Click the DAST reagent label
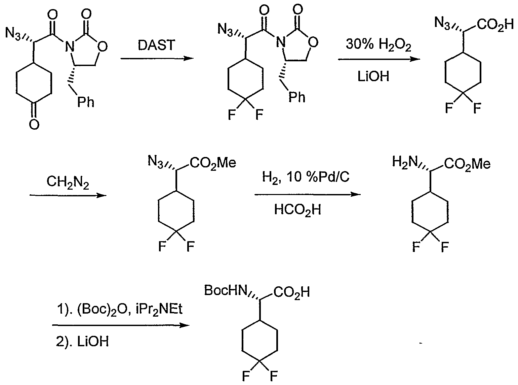click(x=156, y=45)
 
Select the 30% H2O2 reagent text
click(x=378, y=45)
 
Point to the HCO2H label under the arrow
click(x=297, y=210)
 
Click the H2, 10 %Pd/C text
click(x=306, y=177)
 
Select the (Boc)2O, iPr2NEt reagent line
click(x=120, y=310)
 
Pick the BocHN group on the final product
click(x=226, y=290)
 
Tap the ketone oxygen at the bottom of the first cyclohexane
click(x=34, y=124)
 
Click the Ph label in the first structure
click(x=86, y=102)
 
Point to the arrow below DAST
click(x=157, y=58)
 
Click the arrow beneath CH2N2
click(x=68, y=195)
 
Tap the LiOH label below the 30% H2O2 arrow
click(x=373, y=76)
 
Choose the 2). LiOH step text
click(x=82, y=342)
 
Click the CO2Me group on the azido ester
click(x=213, y=163)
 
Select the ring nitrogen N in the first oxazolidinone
click(x=69, y=46)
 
